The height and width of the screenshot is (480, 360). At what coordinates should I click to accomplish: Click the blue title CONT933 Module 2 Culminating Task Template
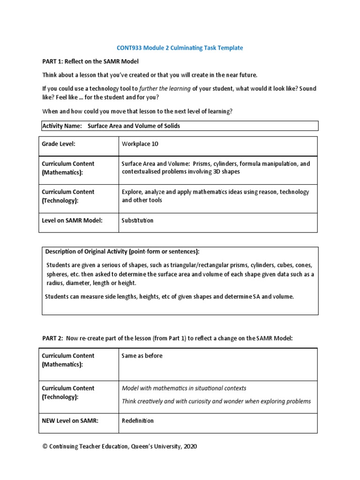coord(180,48)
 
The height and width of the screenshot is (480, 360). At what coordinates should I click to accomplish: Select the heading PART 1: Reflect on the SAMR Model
coord(90,61)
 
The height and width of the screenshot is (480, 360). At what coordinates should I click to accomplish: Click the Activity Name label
coord(62,126)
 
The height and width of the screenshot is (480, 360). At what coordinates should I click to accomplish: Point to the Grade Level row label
coord(59,144)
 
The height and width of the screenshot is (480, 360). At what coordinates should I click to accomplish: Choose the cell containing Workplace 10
coord(140,144)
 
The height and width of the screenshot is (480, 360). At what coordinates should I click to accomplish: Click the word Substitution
coord(137,220)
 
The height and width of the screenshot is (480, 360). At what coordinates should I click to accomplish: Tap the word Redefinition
coord(137,420)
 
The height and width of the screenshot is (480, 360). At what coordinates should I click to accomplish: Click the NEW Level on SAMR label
coord(70,420)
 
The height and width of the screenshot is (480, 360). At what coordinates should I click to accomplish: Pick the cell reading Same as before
coord(142,356)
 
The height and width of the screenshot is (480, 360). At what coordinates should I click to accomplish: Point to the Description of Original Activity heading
coord(122,252)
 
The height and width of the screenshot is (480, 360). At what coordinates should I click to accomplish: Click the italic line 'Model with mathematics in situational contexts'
coord(184,388)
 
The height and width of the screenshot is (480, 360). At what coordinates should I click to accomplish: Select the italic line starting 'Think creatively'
coord(216,401)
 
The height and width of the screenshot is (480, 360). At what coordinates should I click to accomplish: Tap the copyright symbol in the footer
coord(45,447)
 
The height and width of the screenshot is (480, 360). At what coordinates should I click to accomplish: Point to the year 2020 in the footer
coord(190,447)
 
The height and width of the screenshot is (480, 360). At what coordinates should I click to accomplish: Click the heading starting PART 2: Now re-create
coord(167,338)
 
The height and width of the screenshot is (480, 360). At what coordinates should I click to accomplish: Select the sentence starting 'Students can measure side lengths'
coord(169,297)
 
